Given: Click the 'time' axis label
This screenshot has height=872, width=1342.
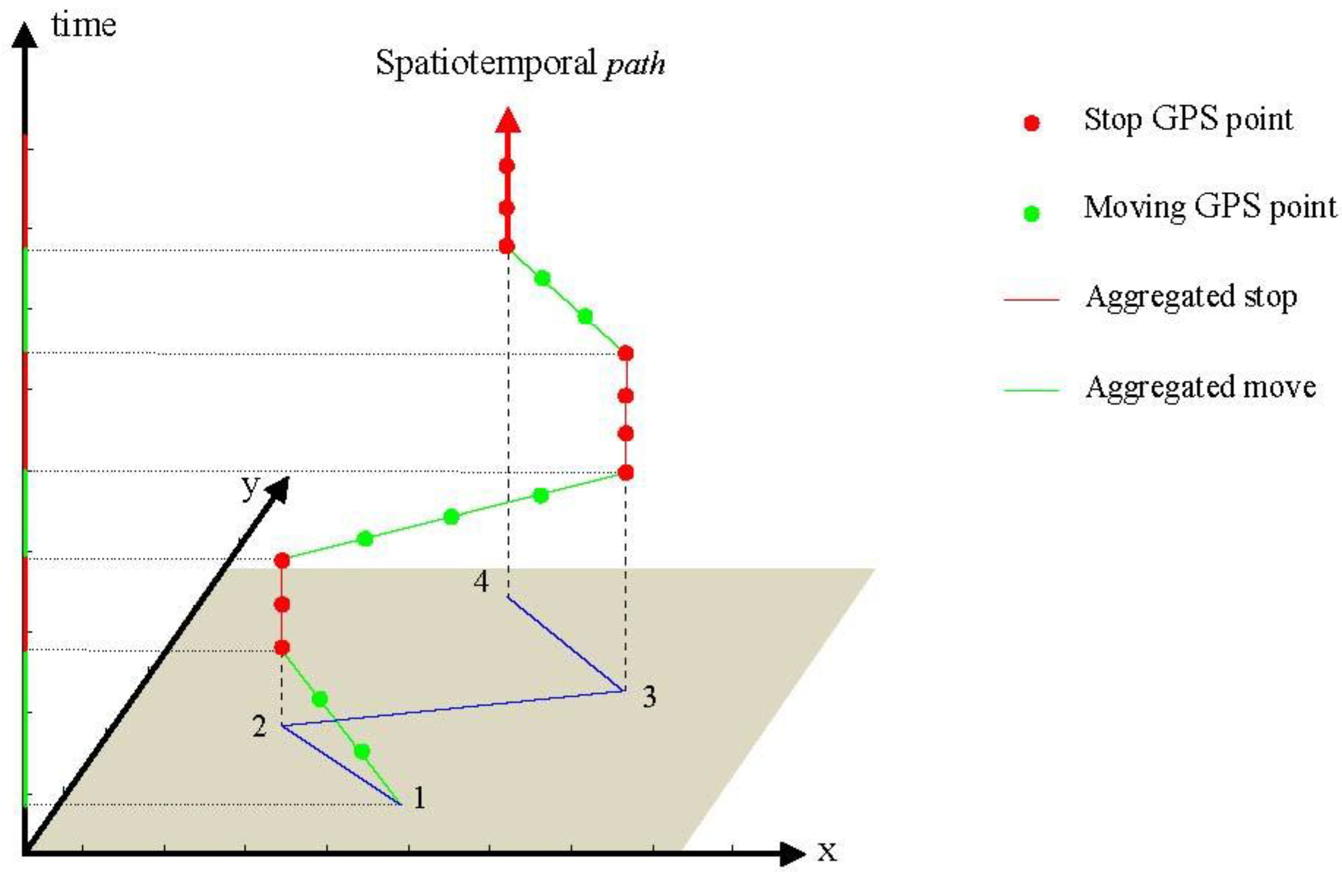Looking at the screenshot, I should pyautogui.click(x=83, y=25).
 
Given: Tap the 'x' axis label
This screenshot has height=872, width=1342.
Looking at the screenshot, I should pyautogui.click(x=827, y=851).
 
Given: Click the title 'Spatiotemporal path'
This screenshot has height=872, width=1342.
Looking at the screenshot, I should pyautogui.click(x=520, y=63).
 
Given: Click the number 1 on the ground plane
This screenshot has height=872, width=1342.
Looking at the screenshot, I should pyautogui.click(x=419, y=797).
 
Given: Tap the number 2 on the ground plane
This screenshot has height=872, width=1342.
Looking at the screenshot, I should pyautogui.click(x=259, y=727).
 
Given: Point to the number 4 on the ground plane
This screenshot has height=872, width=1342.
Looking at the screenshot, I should pyautogui.click(x=481, y=581).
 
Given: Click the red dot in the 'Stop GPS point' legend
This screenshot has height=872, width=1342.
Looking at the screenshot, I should pyautogui.click(x=1031, y=123).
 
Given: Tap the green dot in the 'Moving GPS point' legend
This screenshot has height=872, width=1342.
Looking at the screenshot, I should pyautogui.click(x=1031, y=213).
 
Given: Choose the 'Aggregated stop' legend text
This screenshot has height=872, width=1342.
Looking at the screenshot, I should pyautogui.click(x=1191, y=297).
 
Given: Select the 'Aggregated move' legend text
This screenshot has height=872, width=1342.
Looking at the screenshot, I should pyautogui.click(x=1201, y=387).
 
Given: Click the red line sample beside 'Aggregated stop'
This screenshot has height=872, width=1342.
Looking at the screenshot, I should pyautogui.click(x=1031, y=299).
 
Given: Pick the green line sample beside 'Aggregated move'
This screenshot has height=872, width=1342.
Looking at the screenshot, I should pyautogui.click(x=1031, y=389).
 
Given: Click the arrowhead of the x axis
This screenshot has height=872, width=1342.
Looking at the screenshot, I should pyautogui.click(x=792, y=854).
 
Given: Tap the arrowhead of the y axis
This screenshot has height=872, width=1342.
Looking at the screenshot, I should pyautogui.click(x=278, y=488).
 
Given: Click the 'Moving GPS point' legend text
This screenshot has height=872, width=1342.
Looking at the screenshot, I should pyautogui.click(x=1210, y=208).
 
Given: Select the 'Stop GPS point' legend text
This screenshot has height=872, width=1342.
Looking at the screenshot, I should pyautogui.click(x=1188, y=119).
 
